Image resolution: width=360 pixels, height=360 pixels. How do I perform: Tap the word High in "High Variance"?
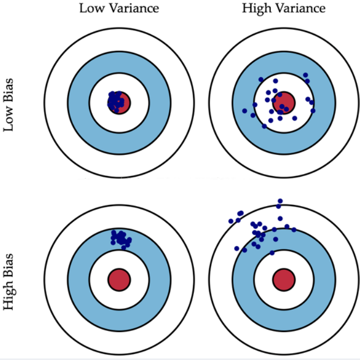click(254, 8)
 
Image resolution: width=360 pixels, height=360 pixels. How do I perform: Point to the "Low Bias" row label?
click(9, 105)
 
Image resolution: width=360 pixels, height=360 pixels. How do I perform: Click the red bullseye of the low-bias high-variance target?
click(284, 102)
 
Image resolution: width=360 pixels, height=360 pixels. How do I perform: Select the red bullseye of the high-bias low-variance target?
click(119, 280)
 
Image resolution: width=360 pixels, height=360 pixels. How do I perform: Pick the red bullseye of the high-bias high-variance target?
click(283, 280)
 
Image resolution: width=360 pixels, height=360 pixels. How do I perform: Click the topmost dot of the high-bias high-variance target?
click(280, 200)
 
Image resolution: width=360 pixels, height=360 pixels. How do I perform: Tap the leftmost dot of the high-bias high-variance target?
click(231, 221)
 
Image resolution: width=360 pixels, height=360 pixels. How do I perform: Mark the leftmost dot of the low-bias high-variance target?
click(245, 111)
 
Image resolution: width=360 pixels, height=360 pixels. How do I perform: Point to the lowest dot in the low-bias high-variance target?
click(264, 126)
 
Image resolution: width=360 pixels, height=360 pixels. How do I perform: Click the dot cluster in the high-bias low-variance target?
click(120, 238)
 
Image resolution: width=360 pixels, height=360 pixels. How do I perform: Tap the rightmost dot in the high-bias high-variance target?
click(294, 229)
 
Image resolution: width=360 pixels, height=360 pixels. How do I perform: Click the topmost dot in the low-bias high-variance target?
click(305, 75)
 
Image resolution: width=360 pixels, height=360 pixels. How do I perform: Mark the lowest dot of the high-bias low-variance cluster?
click(123, 248)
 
